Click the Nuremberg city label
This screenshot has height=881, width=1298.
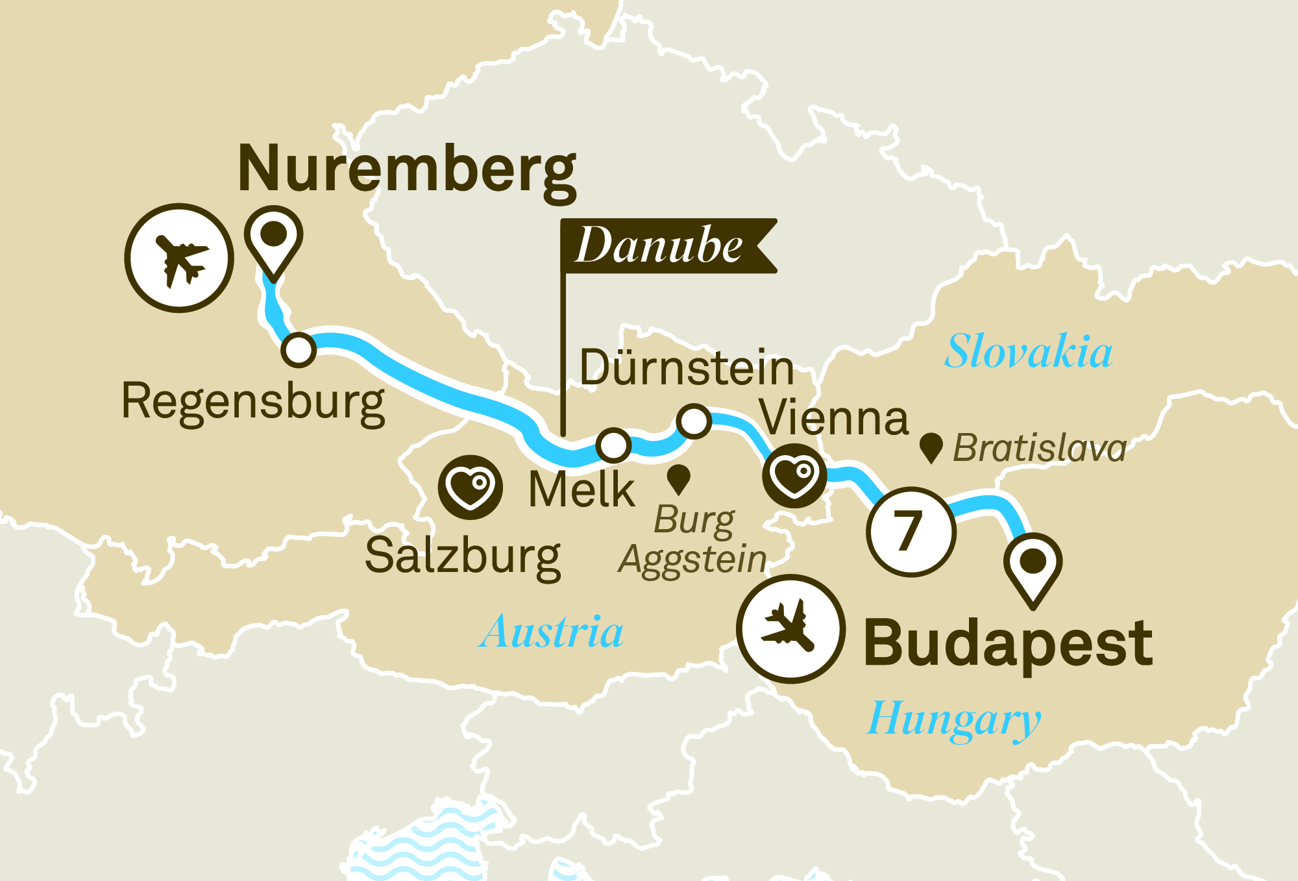tap(407, 170)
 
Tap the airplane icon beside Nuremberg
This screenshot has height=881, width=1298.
tap(179, 258)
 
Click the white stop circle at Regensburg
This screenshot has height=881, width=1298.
tap(299, 350)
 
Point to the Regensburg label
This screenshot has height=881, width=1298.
tap(253, 403)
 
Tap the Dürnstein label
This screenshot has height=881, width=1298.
tap(687, 368)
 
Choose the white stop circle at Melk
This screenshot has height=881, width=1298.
tap(613, 445)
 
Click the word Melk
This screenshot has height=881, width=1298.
tap(582, 490)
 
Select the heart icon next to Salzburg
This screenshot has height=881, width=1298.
tap(470, 487)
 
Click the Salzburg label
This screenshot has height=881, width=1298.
tap(463, 556)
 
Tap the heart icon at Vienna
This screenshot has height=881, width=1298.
tap(794, 476)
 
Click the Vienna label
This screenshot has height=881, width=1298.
tap(834, 418)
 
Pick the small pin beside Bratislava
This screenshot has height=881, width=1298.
tap(931, 447)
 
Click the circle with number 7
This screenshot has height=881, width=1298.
tap(911, 531)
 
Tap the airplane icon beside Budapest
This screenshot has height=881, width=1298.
tap(790, 628)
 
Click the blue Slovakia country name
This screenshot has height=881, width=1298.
tap(1028, 351)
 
